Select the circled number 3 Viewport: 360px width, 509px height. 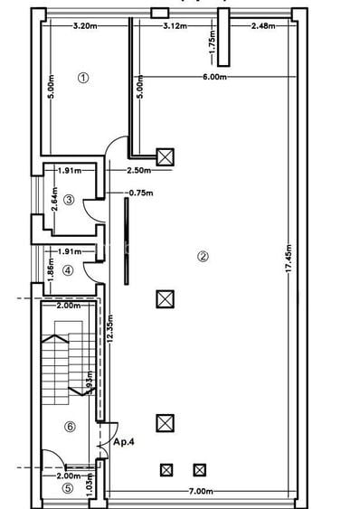click(x=68, y=200)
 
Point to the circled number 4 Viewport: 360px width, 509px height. click(x=68, y=269)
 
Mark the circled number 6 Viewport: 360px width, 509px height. click(x=70, y=426)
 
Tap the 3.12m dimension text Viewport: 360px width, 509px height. click(x=175, y=25)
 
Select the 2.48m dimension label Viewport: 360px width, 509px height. click(x=264, y=25)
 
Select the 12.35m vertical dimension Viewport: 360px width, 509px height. click(x=109, y=325)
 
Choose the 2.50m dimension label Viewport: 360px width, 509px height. click(x=138, y=170)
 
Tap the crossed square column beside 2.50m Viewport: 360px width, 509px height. click(x=166, y=157)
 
